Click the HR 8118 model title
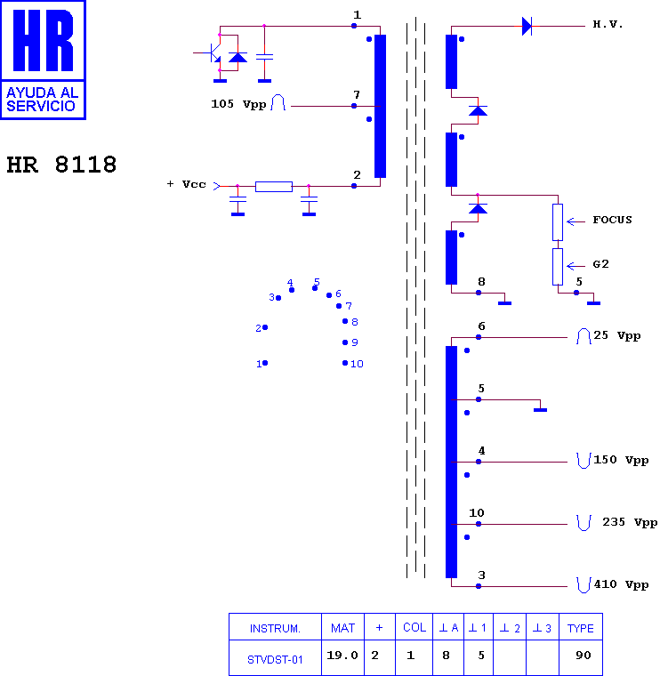(61, 165)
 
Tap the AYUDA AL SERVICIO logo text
(42, 99)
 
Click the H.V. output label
(608, 24)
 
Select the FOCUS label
(612, 220)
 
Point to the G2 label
(600, 264)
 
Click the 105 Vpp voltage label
(238, 104)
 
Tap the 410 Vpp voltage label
(621, 584)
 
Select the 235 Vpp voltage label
(630, 522)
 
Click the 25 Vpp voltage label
(617, 335)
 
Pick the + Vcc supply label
(186, 184)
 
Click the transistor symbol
(212, 52)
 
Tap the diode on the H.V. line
(527, 27)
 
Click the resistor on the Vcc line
(274, 187)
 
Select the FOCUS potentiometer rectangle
(558, 222)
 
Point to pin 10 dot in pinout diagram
(345, 363)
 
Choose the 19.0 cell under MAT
(342, 656)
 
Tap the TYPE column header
(580, 629)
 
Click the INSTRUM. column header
(275, 629)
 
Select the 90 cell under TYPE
(584, 656)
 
